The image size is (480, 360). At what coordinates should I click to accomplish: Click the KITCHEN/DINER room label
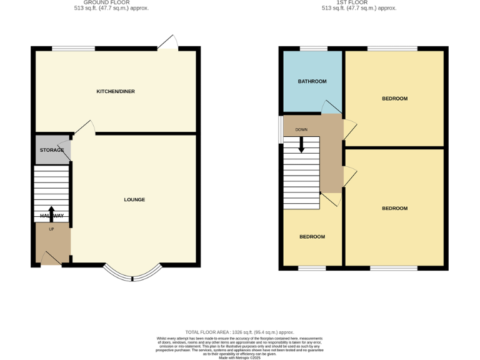[115, 92]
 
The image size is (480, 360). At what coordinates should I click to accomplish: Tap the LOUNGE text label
[134, 200]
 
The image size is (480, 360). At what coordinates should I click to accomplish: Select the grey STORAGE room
[52, 150]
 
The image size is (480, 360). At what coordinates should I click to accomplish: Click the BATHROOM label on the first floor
[312, 81]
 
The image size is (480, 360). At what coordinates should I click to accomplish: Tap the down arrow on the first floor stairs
[301, 145]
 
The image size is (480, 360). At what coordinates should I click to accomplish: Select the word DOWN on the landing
[301, 130]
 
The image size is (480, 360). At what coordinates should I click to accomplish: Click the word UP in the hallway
[51, 229]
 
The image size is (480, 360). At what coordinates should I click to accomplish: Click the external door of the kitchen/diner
[168, 42]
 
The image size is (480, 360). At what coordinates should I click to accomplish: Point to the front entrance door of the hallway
[51, 259]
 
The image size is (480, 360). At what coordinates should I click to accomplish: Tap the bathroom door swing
[328, 108]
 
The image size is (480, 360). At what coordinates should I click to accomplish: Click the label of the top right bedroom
[394, 99]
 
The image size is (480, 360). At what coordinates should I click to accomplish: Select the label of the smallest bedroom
[312, 237]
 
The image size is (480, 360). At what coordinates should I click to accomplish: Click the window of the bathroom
[313, 49]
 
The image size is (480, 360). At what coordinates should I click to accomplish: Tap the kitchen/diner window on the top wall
[73, 49]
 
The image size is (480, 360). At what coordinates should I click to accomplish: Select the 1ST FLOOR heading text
[359, 2]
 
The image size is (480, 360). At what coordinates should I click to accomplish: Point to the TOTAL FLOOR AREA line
[239, 332]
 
